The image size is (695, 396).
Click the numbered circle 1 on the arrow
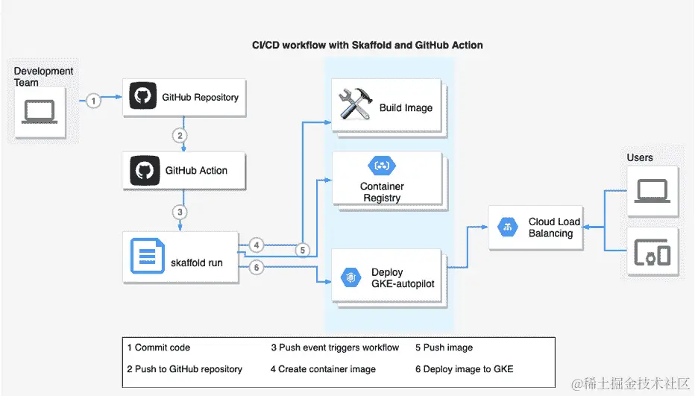point(93,101)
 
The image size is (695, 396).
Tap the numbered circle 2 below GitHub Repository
point(180,136)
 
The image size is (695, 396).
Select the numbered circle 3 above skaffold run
point(180,212)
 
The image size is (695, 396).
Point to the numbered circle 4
point(257,245)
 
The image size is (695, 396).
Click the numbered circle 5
point(302,250)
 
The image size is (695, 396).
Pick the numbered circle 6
point(257,268)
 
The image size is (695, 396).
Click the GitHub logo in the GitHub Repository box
point(142,95)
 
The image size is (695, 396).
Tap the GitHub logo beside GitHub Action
point(145,170)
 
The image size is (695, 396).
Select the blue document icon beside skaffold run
point(148,256)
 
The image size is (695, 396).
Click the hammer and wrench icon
point(355,104)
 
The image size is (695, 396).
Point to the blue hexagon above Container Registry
point(382,166)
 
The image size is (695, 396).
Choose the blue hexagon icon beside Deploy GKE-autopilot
point(350,277)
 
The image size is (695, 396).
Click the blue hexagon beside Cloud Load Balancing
point(508,227)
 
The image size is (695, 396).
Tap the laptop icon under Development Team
point(40,112)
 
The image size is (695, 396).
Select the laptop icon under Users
point(652,191)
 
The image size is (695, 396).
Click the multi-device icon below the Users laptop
point(652,252)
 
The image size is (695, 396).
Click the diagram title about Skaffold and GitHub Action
point(368,45)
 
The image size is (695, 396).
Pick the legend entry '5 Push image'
point(444,348)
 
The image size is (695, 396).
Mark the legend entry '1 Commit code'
point(159,348)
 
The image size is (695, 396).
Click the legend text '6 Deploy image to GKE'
point(465,369)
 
